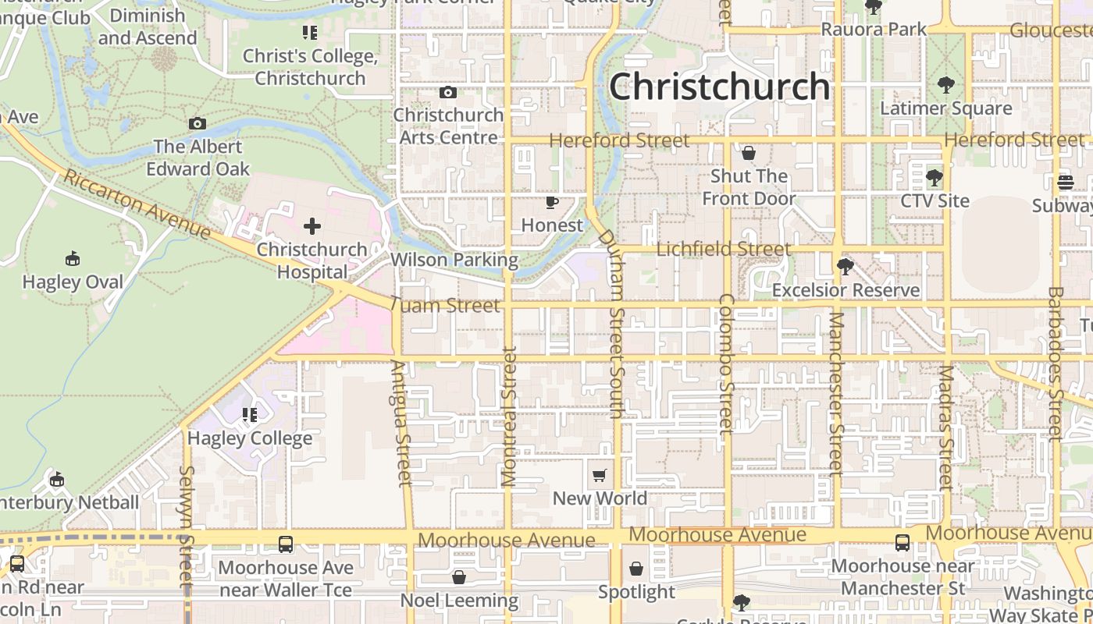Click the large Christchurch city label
pos(719,86)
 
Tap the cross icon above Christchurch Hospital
pos(312,227)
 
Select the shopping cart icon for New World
pos(600,475)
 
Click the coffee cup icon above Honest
pos(552,203)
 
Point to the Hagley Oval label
pos(73,282)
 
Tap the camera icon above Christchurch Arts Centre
pos(448,93)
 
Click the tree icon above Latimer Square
pos(945,84)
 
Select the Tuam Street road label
pos(444,305)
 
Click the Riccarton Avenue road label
pos(137,204)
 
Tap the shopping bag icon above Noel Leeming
pos(459,577)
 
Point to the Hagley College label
pos(250,438)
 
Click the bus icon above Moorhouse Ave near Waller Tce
pos(286,544)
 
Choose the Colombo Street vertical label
pos(726,363)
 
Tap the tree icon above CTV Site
pos(934,178)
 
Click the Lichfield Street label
pos(724,249)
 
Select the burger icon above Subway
pos(1066,183)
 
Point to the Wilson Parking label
pos(454,260)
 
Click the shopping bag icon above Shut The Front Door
pos(749,153)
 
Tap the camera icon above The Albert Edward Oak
pos(198,123)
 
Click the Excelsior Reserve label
pos(846,290)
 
